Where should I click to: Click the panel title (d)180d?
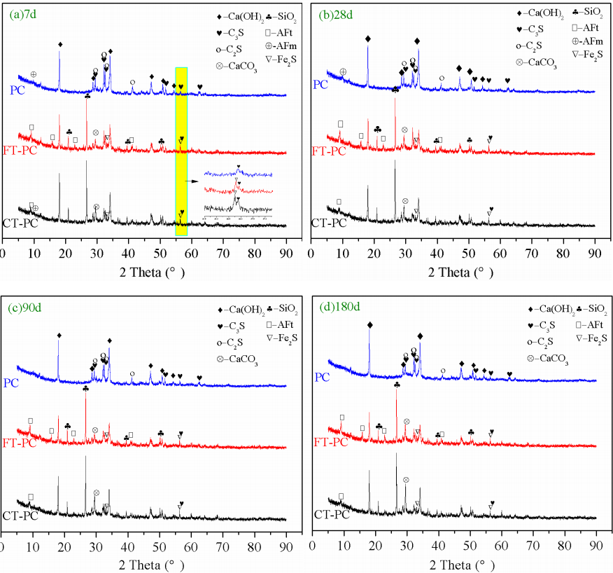(336, 307)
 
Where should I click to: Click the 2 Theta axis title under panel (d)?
(453, 564)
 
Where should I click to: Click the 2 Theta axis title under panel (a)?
(144, 270)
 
